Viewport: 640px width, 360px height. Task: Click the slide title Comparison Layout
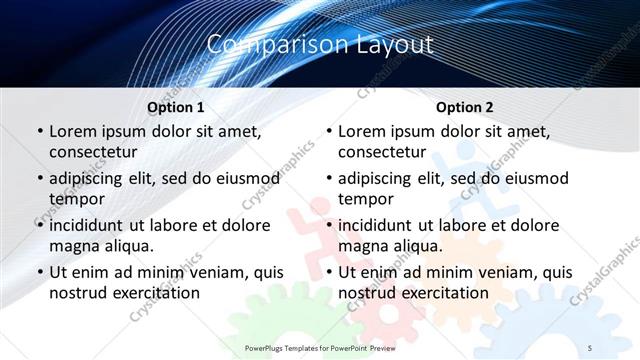pyautogui.click(x=320, y=45)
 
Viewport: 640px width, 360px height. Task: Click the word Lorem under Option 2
pyautogui.click(x=362, y=131)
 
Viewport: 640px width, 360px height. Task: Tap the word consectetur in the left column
pyautogui.click(x=93, y=152)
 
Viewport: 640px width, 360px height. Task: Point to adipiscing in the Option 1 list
pyautogui.click(x=90, y=179)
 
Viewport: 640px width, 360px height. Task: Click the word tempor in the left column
pyautogui.click(x=75, y=199)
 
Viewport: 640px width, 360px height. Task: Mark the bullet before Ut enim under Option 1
pyautogui.click(x=39, y=272)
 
